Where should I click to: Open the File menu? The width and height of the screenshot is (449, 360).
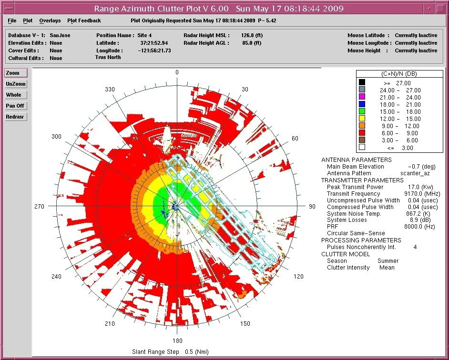[12, 20]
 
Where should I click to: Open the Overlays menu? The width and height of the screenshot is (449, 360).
[50, 20]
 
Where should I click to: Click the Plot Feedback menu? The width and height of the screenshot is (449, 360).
[84, 20]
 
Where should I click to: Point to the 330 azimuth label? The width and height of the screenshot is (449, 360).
[111, 90]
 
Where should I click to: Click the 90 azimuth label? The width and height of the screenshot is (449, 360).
[312, 207]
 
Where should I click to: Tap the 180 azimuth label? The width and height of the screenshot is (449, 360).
[177, 340]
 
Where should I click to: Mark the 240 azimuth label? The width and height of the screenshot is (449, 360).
[56, 277]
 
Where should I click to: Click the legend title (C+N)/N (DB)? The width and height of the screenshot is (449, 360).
[393, 74]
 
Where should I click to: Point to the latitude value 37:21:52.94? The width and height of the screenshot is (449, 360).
[151, 43]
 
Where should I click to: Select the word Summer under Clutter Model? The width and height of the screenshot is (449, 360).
[388, 261]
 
